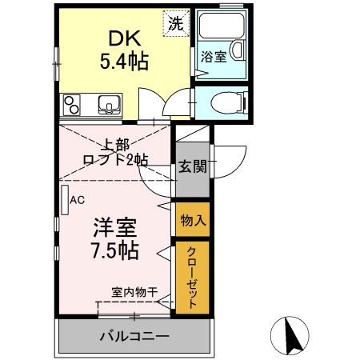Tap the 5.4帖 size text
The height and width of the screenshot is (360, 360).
(123, 61)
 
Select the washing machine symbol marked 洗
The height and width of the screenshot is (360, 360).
(174, 23)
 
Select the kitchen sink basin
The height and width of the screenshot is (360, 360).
(108, 104)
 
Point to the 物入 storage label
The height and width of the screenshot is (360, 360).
(192, 219)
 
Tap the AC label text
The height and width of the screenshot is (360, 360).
(78, 200)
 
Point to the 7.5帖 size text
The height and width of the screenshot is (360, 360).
(113, 250)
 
